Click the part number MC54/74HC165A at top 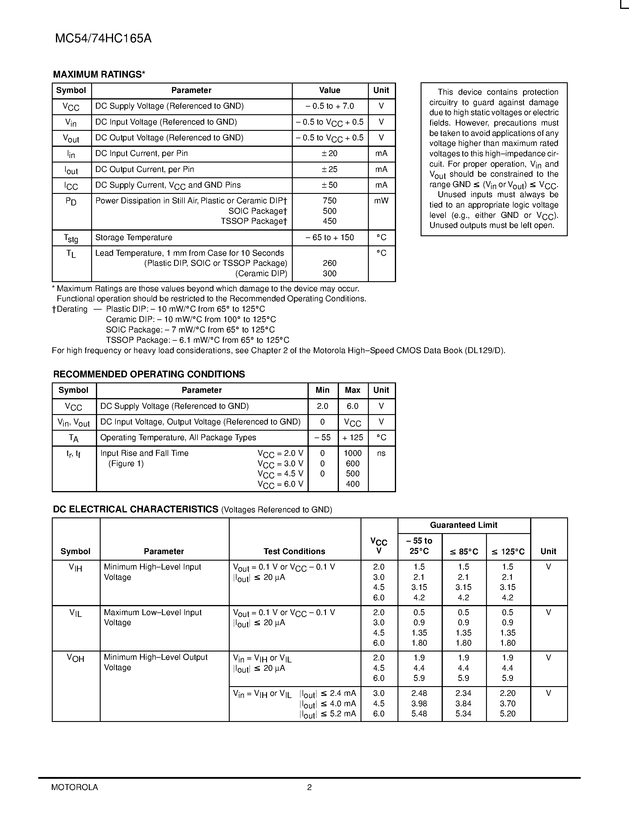coord(103,39)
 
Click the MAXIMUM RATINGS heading coord(99,75)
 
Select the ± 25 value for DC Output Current coord(329,170)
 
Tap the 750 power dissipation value coord(329,201)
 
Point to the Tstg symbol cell coord(71,238)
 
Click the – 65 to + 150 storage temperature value coord(329,238)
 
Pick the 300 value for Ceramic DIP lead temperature coord(329,274)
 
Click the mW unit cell coord(381,201)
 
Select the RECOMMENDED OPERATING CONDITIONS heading coord(149,374)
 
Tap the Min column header coord(322,390)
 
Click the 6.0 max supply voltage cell coord(353,406)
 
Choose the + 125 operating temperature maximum coord(353,437)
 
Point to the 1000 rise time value coord(353,453)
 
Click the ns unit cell coord(381,453)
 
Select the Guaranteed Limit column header coord(464,525)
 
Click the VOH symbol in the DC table coord(76,658)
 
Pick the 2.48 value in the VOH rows coord(419,693)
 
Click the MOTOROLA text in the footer coord(75,787)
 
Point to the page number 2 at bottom coord(309,787)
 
